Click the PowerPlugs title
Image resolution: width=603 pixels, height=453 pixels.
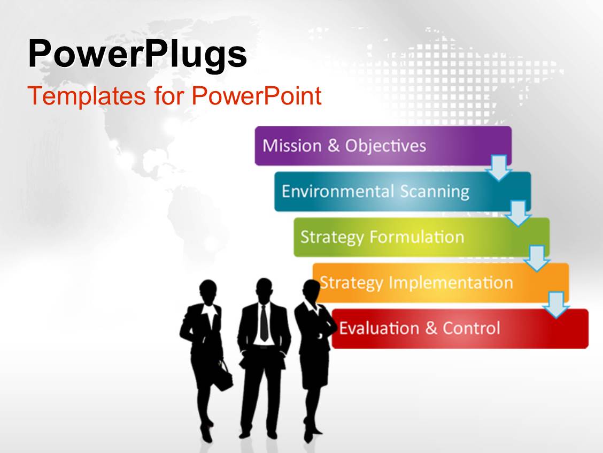point(137,55)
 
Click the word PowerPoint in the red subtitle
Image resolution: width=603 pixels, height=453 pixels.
point(257,95)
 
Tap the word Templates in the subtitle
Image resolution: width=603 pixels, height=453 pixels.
point(87,96)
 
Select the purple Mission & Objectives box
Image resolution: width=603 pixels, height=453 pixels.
point(383,146)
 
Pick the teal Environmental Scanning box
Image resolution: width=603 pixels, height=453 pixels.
point(403,192)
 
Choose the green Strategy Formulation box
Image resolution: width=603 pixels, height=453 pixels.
point(421,237)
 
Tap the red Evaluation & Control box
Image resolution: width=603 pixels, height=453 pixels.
point(460,329)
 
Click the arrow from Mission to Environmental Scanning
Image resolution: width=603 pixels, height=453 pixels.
point(499,168)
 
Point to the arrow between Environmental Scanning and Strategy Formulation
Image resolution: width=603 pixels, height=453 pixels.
point(518,213)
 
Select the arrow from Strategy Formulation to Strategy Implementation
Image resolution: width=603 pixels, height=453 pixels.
point(537,259)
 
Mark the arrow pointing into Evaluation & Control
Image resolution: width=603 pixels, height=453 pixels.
point(556,305)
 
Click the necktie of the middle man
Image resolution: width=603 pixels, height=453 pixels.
point(264,322)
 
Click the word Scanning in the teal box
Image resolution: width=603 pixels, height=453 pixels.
point(435,192)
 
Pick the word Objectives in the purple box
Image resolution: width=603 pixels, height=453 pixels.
point(385,146)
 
